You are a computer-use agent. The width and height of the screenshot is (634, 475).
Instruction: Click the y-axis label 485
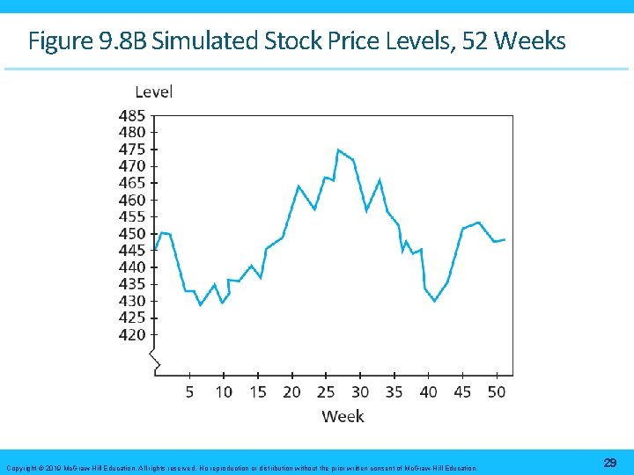[132, 115]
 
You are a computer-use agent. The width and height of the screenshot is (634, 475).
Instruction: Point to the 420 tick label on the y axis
[132, 334]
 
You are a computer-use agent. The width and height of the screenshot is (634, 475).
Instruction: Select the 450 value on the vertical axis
[132, 233]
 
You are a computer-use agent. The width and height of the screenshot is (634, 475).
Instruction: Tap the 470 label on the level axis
[132, 165]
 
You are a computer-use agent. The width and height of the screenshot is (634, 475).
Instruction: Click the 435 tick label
[132, 284]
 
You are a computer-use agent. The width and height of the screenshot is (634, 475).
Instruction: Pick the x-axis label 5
[189, 391]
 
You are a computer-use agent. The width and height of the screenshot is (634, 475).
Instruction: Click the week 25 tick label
[326, 391]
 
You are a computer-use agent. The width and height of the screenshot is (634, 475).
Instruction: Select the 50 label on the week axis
[497, 391]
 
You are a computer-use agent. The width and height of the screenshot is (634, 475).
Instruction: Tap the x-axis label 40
[428, 391]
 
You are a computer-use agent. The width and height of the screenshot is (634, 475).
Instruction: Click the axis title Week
[343, 416]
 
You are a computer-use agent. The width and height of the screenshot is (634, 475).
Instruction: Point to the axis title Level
[153, 91]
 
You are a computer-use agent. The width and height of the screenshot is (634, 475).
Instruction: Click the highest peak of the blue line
[338, 150]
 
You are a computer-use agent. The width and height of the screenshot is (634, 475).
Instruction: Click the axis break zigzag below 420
[155, 361]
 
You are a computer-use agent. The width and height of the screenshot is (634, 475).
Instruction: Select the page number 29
[609, 463]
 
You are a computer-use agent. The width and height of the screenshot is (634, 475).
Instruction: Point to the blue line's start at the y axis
[155, 250]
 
